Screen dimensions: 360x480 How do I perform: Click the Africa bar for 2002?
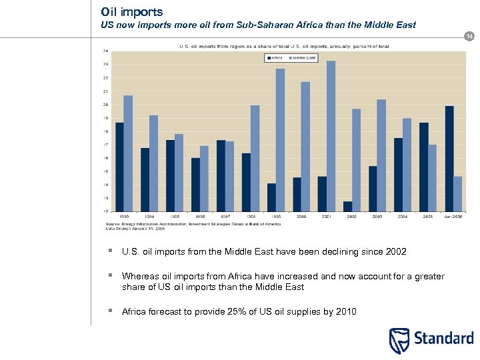click(x=347, y=206)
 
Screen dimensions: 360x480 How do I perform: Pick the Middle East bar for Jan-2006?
click(x=457, y=193)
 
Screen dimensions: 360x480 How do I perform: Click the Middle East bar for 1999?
click(x=280, y=140)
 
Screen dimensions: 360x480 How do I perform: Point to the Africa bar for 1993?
click(x=119, y=167)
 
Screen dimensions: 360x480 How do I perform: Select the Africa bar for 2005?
click(x=423, y=167)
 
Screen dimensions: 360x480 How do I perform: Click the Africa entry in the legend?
click(x=275, y=58)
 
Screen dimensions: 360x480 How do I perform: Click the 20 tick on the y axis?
click(x=105, y=105)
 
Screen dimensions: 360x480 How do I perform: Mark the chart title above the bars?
click(x=283, y=46)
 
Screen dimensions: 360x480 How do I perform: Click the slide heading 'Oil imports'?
click(x=131, y=12)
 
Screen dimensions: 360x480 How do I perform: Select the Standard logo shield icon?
click(x=399, y=341)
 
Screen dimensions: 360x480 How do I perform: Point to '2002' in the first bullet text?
click(x=395, y=251)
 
